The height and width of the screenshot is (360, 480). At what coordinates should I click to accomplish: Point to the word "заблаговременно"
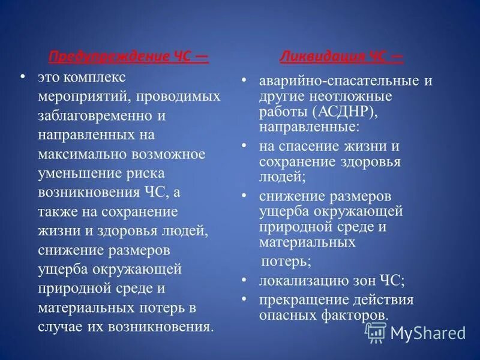[x=100, y=115]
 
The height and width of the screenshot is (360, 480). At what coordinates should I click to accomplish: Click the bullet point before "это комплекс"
[x=23, y=77]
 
